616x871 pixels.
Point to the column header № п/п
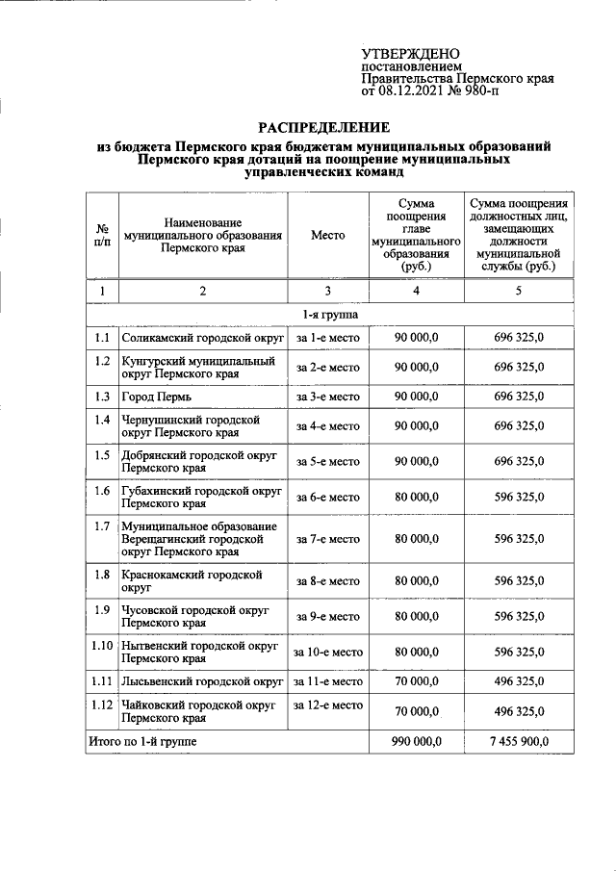pos(102,235)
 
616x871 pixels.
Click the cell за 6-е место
pos(327,498)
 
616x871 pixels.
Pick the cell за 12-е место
pos(327,705)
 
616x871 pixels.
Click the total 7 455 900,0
pos(519,741)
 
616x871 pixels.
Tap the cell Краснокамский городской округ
pos(192,580)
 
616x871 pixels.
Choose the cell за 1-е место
pos(327,339)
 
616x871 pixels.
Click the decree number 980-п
pos(527,93)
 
